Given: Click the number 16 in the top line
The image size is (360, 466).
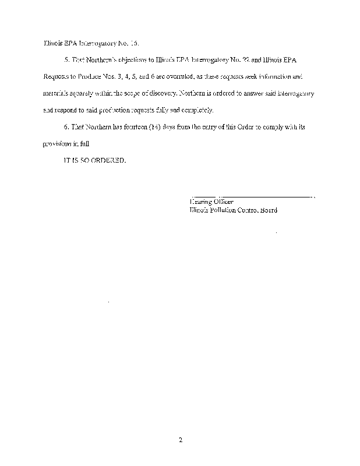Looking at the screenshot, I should click(x=134, y=43).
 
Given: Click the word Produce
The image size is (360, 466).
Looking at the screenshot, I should click(x=86, y=76).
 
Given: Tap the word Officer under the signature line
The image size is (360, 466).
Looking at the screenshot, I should click(x=220, y=202).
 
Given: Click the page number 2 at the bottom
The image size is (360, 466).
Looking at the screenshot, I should click(x=181, y=440).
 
